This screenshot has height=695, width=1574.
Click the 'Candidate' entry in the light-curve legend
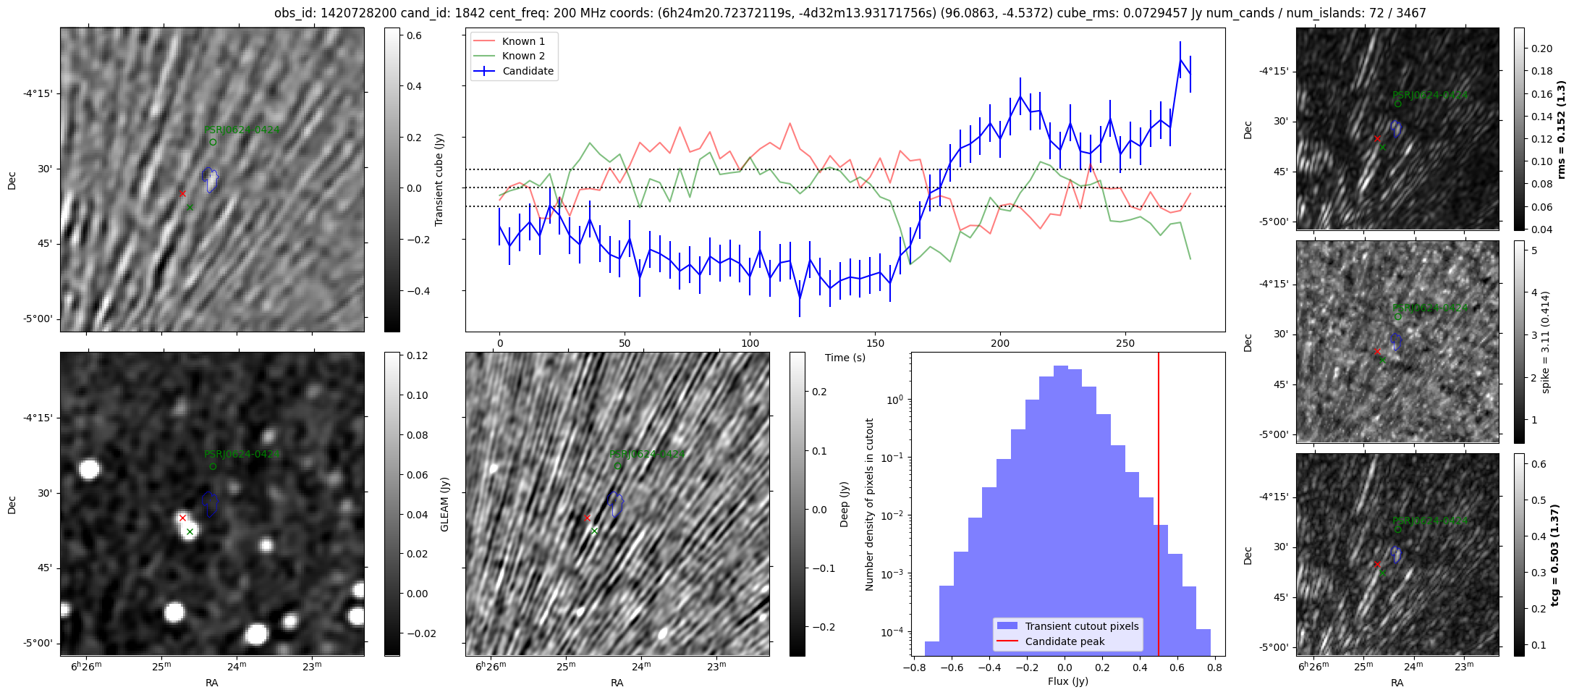[x=528, y=71]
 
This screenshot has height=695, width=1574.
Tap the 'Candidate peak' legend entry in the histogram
[x=1065, y=641]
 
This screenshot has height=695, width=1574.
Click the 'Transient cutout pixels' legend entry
[x=1081, y=626]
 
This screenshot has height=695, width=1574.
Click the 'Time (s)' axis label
[x=845, y=358]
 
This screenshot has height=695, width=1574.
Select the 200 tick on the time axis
[x=999, y=342]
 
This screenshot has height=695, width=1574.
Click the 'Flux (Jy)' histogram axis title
[x=1067, y=681]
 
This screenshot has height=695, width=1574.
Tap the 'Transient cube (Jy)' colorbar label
[x=439, y=180]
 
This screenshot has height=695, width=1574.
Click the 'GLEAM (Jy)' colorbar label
[x=444, y=504]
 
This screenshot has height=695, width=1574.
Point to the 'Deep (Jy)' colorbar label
[x=844, y=504]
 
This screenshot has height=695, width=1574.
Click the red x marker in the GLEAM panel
[x=182, y=518]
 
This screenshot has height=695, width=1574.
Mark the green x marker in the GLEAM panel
[x=190, y=531]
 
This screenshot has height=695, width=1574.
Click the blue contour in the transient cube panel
[x=210, y=180]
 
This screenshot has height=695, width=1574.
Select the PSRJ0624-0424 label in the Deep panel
[x=646, y=454]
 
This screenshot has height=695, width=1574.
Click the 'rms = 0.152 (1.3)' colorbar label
[x=1562, y=129]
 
